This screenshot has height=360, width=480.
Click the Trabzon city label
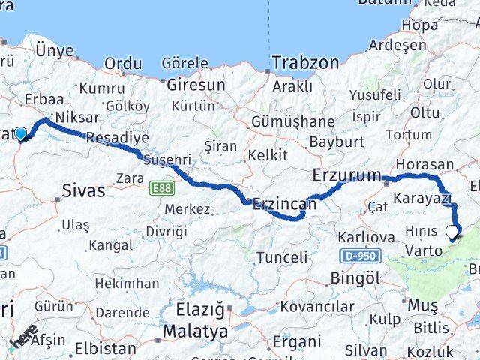[305, 63]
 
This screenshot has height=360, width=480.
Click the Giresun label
[195, 85]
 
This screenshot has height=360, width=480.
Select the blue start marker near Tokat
[21, 135]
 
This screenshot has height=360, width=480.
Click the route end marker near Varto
[453, 233]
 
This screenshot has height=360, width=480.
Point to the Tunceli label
[282, 257]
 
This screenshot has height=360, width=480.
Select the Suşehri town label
[166, 160]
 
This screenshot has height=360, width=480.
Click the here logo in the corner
[24, 336]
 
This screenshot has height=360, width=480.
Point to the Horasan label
[425, 164]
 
